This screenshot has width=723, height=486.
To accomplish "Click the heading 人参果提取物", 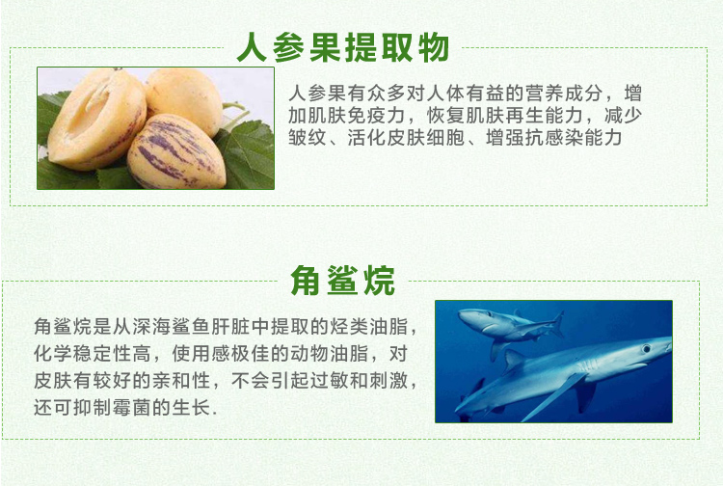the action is (x=343, y=47).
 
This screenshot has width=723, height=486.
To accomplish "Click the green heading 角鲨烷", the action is (x=342, y=281).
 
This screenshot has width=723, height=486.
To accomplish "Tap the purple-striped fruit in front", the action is (x=176, y=152).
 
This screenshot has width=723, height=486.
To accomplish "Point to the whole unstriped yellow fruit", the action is (x=184, y=99).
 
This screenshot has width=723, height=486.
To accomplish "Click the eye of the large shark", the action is (x=647, y=348).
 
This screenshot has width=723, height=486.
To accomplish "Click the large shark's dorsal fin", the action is (x=514, y=360).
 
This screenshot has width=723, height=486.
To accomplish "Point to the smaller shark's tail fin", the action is (x=557, y=324).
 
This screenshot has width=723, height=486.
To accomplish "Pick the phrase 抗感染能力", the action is (x=574, y=137).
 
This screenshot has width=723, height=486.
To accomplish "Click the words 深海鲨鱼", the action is (x=172, y=327).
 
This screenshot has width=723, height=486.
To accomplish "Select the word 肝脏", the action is (x=230, y=327).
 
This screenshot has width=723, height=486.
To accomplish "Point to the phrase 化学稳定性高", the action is (x=92, y=354).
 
